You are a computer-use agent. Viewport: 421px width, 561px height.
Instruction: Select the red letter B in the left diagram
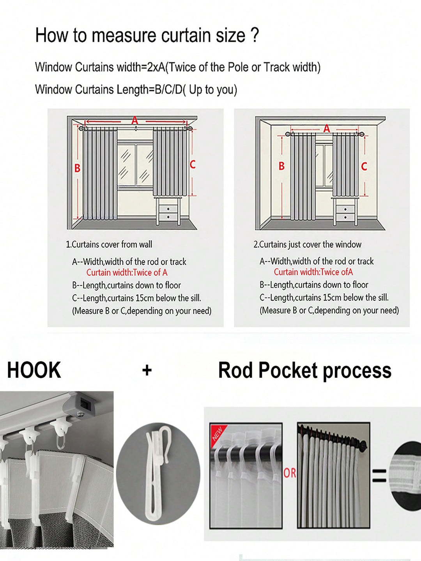click(77, 168)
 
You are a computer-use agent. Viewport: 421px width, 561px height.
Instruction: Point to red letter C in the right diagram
click(364, 166)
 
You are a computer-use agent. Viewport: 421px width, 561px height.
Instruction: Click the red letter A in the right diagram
click(327, 129)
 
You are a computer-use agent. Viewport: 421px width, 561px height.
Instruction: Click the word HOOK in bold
click(34, 370)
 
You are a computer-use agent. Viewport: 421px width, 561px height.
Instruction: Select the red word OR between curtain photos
click(290, 473)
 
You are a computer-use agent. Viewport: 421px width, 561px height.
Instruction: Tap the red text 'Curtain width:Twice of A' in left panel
click(127, 273)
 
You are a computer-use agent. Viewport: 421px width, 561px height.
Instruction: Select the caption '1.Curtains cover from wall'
click(109, 244)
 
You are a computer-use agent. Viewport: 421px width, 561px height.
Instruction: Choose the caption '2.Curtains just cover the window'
click(307, 244)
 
